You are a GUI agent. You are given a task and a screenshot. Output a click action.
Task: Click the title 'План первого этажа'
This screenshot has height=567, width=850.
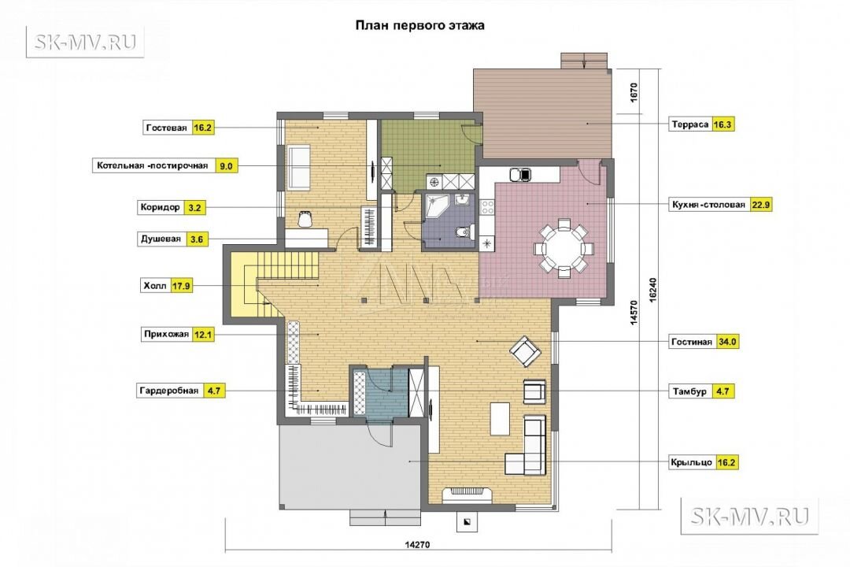pyautogui.click(x=419, y=25)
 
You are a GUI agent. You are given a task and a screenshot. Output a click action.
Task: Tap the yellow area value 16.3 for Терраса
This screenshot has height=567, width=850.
pyautogui.click(x=722, y=124)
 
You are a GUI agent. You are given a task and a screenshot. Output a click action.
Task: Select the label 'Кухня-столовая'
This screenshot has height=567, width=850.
pyautogui.click(x=708, y=205)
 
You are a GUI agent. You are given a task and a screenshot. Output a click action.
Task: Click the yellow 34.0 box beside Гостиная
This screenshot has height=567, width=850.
pyautogui.click(x=727, y=342)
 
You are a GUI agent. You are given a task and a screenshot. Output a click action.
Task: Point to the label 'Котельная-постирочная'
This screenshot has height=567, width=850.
pyautogui.click(x=153, y=165)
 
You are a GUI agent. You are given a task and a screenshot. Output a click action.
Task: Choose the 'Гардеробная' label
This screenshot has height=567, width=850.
pyautogui.click(x=169, y=390)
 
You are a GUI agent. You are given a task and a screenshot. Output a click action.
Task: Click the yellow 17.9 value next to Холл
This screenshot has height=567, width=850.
pyautogui.click(x=181, y=285)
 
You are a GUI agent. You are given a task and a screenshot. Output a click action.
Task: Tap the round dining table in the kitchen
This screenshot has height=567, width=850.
pyautogui.click(x=564, y=248)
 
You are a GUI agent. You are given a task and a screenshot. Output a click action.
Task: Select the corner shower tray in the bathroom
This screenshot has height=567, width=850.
pyautogui.click(x=435, y=205)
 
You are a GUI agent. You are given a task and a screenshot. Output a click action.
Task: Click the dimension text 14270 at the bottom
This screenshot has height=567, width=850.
pyautogui.click(x=417, y=544)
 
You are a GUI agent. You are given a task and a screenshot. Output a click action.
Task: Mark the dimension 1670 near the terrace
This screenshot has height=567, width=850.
pyautogui.click(x=634, y=92)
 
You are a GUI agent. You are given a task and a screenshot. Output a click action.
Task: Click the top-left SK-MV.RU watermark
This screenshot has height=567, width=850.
pyautogui.click(x=85, y=41)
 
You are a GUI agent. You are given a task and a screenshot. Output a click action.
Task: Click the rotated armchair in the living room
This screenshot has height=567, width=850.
pyautogui.click(x=525, y=351)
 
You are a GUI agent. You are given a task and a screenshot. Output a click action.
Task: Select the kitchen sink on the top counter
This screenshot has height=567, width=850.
pyautogui.click(x=520, y=174)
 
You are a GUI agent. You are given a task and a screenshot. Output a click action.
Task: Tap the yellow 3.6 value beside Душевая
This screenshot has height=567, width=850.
pyautogui.click(x=198, y=239)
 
